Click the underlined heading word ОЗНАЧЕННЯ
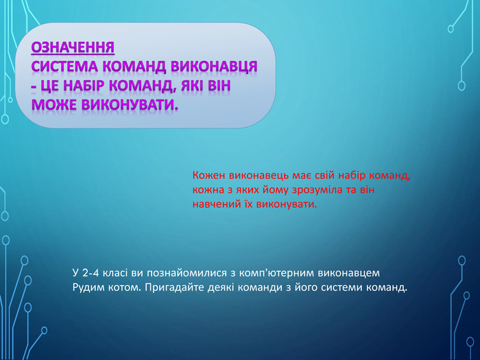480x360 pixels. (73, 47)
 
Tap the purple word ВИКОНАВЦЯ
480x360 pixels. (214, 67)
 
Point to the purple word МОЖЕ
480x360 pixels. (54, 104)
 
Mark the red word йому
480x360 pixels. (275, 190)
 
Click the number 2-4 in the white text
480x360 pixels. (89, 273)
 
